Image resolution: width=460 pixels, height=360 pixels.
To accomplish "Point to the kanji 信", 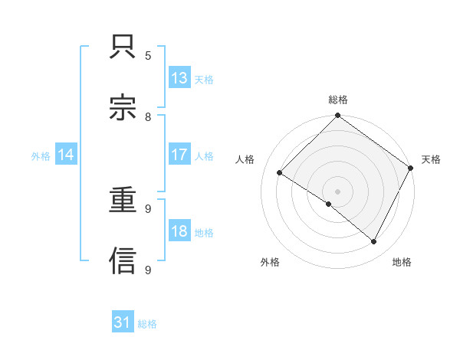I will [x=123, y=260].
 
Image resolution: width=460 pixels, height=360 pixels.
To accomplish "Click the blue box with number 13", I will [x=179, y=77].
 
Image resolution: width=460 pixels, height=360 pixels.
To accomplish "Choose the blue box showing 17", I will [x=179, y=155].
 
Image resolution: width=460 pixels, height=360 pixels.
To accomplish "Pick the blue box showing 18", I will [x=179, y=231].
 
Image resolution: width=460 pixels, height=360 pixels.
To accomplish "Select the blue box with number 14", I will [x=66, y=155].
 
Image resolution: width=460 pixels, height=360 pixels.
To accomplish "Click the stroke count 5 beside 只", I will [x=148, y=55].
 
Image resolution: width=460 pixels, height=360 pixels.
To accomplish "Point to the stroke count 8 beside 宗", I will [x=148, y=116].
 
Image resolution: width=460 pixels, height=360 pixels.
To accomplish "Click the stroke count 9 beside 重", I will [x=148, y=208].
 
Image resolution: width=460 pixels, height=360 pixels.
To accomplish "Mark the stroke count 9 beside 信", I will [x=148, y=270].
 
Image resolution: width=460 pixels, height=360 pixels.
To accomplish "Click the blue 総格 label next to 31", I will [x=147, y=324].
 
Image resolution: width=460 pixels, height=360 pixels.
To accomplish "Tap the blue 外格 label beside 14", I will [x=41, y=155].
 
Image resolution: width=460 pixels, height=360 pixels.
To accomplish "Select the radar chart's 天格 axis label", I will [x=431, y=159].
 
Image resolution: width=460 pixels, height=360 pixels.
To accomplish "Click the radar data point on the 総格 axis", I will [x=337, y=116].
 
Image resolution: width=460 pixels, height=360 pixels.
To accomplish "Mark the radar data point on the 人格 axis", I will [x=280, y=173].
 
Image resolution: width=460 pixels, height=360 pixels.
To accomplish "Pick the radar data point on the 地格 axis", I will [x=374, y=241].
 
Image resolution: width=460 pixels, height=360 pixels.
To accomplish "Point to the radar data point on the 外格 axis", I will [x=329, y=204].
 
